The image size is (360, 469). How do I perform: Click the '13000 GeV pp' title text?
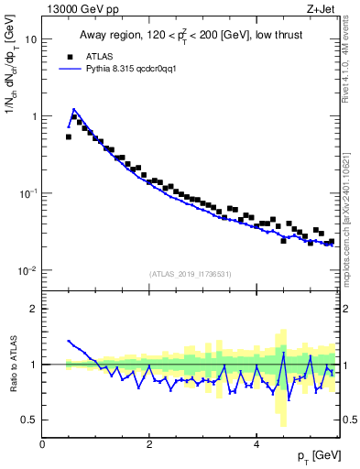(x=82, y=10)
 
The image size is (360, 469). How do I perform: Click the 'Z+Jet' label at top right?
(x=321, y=10)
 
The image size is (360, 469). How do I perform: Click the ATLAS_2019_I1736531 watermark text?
(x=191, y=274)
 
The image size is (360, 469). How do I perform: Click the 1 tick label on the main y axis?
(x=34, y=117)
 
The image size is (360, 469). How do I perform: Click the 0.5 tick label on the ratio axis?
(x=29, y=420)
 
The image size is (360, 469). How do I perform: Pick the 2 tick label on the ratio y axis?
(x=34, y=309)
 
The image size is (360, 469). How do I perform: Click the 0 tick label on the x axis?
(x=42, y=442)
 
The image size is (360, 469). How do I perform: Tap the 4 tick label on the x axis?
(x=256, y=442)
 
